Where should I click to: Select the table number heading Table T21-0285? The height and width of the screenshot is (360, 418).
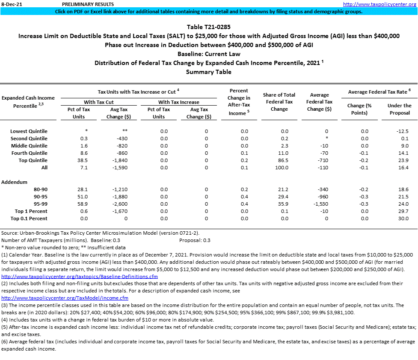[x=209, y=27]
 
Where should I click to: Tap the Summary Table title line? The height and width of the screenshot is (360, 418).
[x=209, y=72]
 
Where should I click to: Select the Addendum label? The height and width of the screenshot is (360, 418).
[x=14, y=182]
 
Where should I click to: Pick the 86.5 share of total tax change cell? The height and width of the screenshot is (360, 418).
[x=283, y=160]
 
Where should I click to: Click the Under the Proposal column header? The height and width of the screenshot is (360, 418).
[x=399, y=109]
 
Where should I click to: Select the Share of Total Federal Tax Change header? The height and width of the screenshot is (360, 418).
[x=279, y=102]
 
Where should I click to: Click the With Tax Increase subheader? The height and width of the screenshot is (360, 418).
[x=178, y=102]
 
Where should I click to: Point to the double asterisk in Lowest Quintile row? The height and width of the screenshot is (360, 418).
[x=113, y=131]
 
